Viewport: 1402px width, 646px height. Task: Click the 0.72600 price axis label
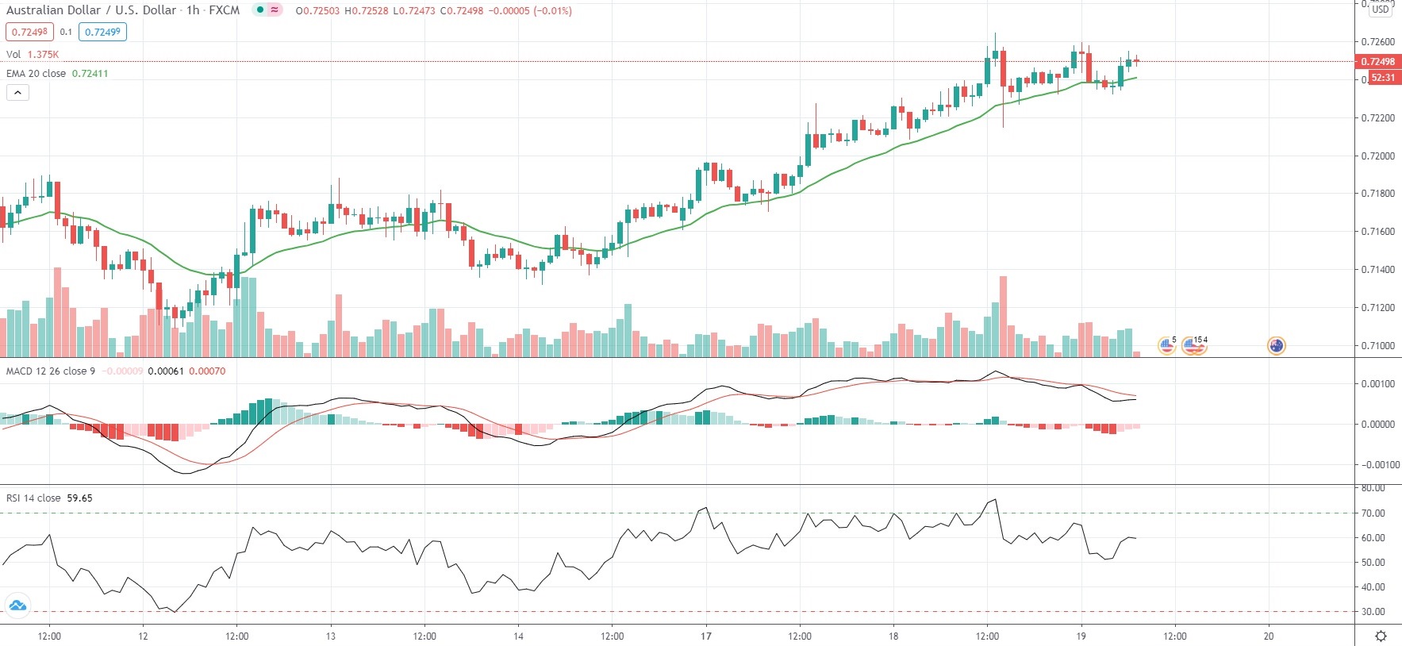coord(1377,42)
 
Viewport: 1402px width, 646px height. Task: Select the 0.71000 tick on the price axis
coord(1377,345)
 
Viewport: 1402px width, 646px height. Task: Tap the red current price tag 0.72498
coord(1377,62)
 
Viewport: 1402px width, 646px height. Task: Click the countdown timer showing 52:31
coord(1382,78)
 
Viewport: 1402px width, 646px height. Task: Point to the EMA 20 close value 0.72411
coord(90,73)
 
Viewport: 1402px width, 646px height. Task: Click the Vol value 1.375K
coord(43,55)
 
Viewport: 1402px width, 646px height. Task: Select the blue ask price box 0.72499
coord(102,32)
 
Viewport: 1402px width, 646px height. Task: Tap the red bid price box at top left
coord(29,32)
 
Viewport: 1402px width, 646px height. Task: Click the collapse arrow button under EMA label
coord(17,92)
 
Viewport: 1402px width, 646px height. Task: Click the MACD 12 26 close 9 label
coord(51,371)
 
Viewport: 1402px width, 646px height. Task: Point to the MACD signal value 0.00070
coord(207,371)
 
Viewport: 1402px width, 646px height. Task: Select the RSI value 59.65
coord(79,498)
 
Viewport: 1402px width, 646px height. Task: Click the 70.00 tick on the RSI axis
coord(1373,513)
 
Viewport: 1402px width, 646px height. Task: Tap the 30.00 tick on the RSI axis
coord(1373,612)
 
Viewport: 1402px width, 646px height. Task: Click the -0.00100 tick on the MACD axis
coord(1377,465)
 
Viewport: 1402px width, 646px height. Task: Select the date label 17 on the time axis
coord(706,636)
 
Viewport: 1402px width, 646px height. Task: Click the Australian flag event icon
coord(1276,345)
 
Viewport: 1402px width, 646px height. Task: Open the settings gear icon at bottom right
coord(1381,636)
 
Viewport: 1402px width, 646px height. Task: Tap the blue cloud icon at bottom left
coord(17,606)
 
